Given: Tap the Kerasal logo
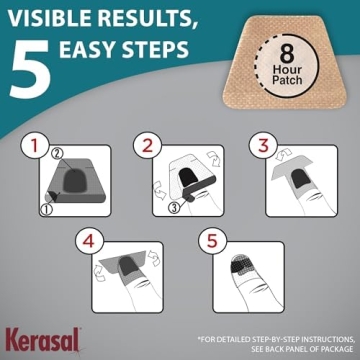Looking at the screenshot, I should coord(34,338).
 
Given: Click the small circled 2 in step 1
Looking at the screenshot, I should coord(56,153).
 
